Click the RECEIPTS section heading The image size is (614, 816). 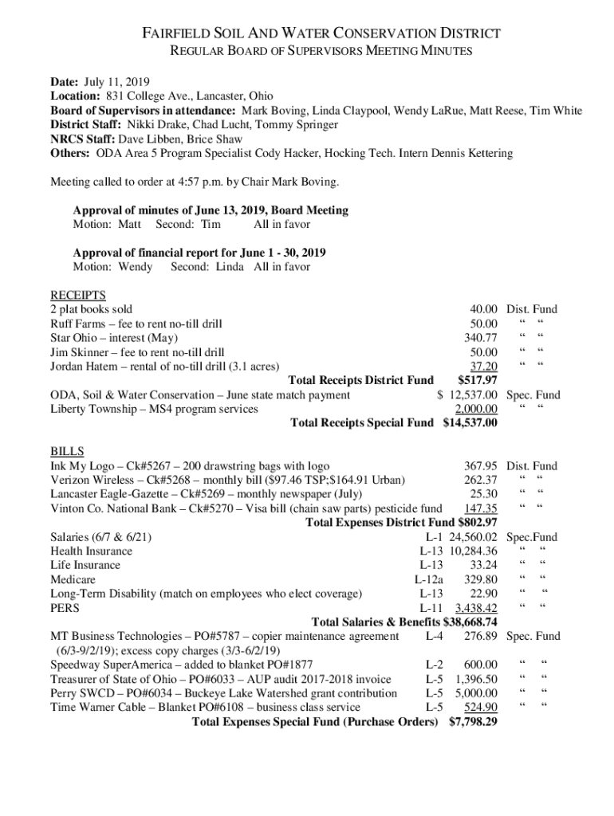pos(77,295)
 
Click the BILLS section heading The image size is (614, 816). pos(67,452)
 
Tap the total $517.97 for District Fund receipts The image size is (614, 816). pos(478,380)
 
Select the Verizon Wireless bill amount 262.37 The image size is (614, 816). pos(481,480)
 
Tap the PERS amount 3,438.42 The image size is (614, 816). pos(476,608)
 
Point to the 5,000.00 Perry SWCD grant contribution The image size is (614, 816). pos(476,693)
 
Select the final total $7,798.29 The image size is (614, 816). pos(473,722)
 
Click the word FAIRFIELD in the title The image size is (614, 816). pos(171,33)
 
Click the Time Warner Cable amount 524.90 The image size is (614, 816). pos(481,708)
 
